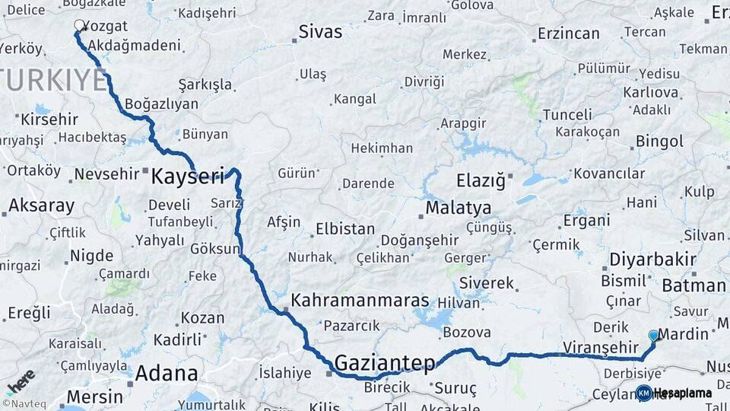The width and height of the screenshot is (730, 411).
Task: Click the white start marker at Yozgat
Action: [78, 25]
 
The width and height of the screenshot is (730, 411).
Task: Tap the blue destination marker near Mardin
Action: [653, 335]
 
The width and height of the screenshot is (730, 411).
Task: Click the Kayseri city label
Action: [188, 177]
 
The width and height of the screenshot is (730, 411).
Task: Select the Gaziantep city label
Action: [385, 362]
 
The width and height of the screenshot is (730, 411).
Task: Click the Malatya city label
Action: [458, 208]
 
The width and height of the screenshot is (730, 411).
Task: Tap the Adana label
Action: [167, 374]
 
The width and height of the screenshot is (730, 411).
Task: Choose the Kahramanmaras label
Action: [360, 300]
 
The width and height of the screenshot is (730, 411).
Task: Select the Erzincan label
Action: [568, 33]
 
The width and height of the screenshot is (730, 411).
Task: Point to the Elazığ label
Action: [481, 181]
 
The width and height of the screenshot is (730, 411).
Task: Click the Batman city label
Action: [693, 285]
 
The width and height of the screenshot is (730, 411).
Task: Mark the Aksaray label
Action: [41, 205]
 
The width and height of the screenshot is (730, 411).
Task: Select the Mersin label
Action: [94, 397]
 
